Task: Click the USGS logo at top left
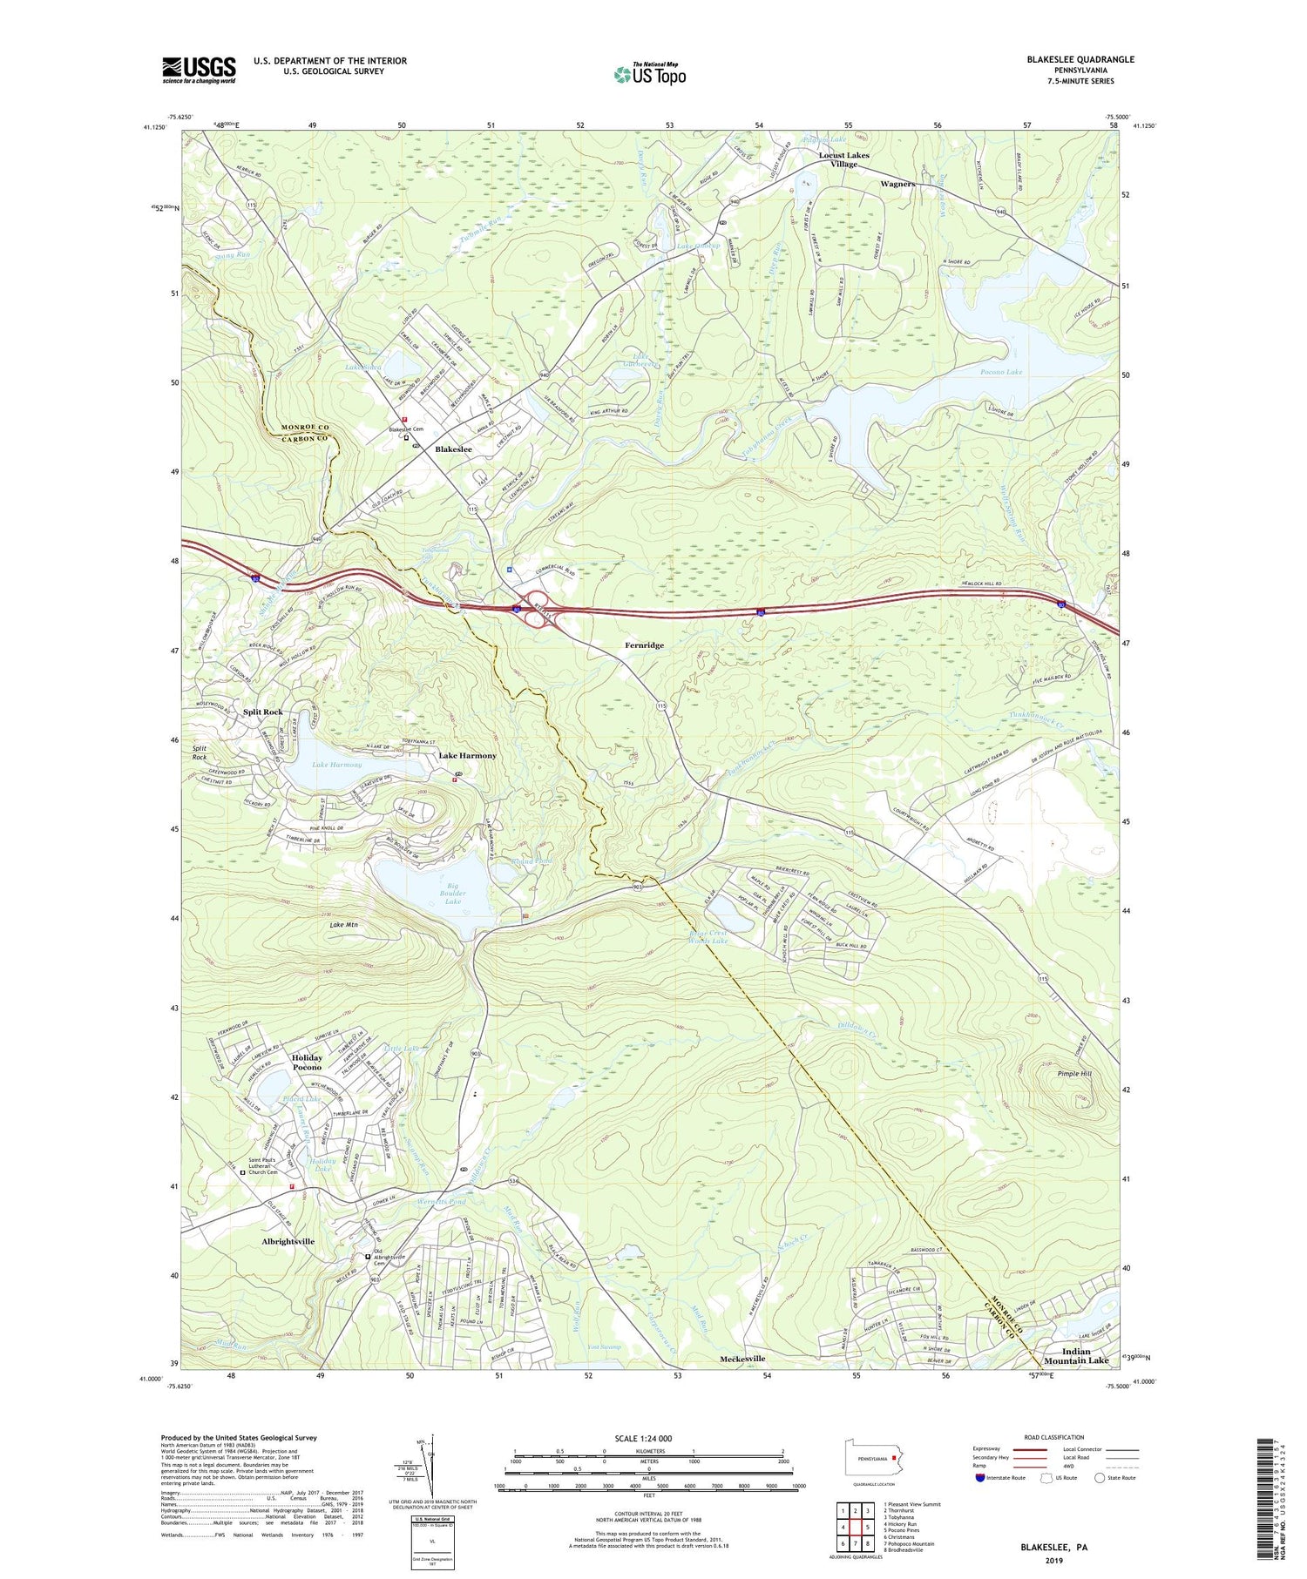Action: (199, 70)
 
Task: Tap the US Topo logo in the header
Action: (649, 74)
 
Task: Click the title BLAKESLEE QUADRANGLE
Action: (1080, 59)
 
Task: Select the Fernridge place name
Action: (644, 645)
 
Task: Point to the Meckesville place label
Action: (742, 1359)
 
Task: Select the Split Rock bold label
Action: (262, 712)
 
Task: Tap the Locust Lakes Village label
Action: (843, 159)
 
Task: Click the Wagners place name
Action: (897, 184)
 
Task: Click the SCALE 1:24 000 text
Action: (648, 1438)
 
